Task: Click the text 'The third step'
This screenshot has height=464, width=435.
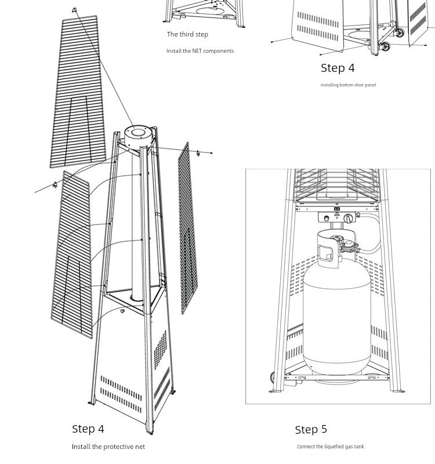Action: click(187, 35)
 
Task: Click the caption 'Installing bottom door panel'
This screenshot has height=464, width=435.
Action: click(348, 85)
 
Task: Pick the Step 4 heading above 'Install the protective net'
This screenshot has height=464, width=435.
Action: click(88, 429)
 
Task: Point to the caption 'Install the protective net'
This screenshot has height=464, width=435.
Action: click(108, 447)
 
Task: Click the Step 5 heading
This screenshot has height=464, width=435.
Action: click(311, 430)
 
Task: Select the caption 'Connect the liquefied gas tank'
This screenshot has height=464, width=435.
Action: click(330, 447)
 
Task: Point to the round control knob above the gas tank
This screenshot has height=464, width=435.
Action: click(348, 219)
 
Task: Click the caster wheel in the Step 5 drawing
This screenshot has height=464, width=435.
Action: click(273, 378)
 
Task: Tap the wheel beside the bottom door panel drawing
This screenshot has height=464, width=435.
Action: click(400, 33)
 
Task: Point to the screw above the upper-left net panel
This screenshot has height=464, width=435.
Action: click(74, 10)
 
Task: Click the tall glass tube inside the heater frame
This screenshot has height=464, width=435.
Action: click(137, 232)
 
